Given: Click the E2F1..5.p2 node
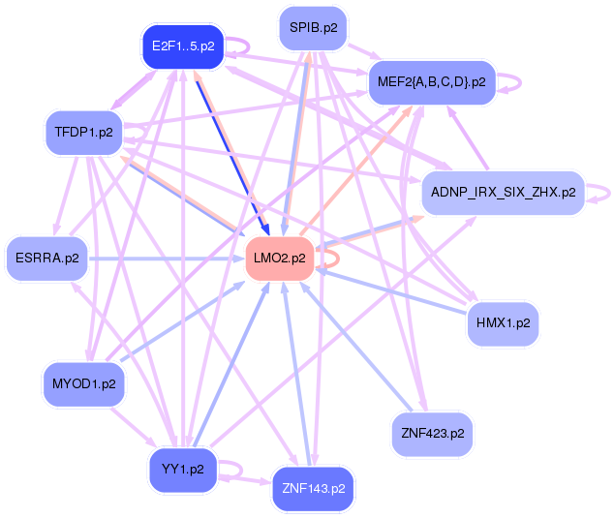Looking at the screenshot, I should click(183, 46).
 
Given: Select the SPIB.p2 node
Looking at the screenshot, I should click(312, 28).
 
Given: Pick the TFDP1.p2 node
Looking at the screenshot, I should click(85, 131).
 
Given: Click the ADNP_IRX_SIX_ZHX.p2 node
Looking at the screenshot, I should click(501, 193).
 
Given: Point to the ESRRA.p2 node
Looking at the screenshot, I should click(46, 258).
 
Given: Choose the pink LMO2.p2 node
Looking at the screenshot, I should click(279, 258).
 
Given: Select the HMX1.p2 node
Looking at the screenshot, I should click(502, 322).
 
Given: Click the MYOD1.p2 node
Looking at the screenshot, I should click(85, 383).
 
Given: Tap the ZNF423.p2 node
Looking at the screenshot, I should click(432, 434).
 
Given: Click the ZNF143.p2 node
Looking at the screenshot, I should click(313, 488).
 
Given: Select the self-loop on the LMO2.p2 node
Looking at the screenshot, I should click(331, 258).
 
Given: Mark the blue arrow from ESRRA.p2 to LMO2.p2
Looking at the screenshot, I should click(165, 258).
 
